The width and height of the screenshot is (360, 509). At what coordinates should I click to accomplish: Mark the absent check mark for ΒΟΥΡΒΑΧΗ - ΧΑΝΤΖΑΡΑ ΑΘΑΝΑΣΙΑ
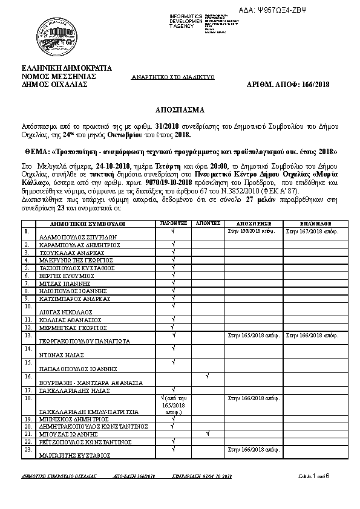[x=207, y=377]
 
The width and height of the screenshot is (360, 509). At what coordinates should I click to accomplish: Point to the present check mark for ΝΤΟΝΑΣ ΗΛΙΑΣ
[x=173, y=348]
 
